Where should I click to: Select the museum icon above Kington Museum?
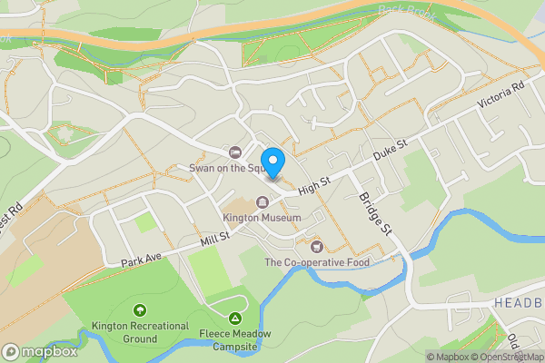[x=263, y=201]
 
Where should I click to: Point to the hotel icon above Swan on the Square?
[x=236, y=152]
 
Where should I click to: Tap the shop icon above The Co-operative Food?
[x=316, y=247]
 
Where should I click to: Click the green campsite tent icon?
[x=235, y=318]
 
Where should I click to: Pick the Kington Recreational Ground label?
[x=140, y=332]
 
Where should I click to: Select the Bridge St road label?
[x=373, y=214]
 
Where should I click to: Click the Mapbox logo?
[x=39, y=351]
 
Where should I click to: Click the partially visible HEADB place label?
[x=519, y=302]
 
